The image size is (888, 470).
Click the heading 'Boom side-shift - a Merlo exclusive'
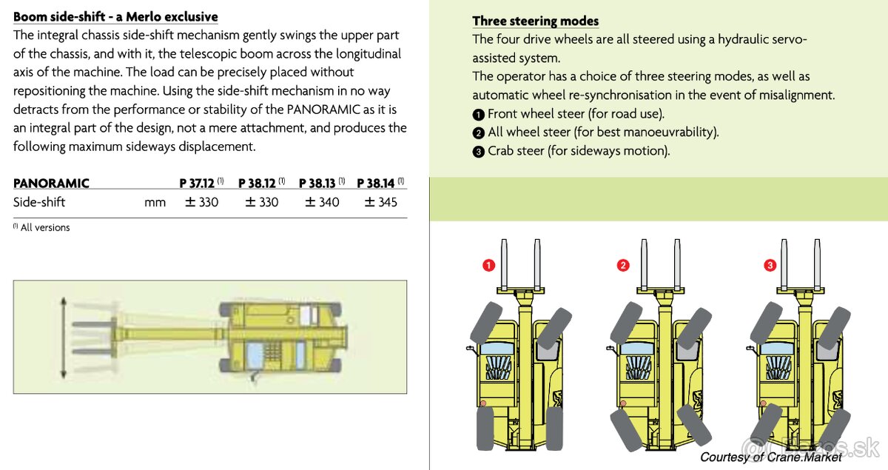point(115,16)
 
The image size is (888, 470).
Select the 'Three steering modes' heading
point(535,21)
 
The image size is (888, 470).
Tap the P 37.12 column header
point(198,184)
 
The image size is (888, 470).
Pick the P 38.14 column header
point(377,184)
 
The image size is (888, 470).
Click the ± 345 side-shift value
point(380,202)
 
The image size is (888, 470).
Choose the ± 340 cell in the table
point(322,202)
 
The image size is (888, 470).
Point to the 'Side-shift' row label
point(39,202)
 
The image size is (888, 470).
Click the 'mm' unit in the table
point(155,203)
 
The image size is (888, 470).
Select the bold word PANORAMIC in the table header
point(51,184)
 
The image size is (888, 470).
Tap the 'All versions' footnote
point(44,228)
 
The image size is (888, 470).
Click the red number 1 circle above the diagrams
point(488,265)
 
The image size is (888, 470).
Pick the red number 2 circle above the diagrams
point(624,265)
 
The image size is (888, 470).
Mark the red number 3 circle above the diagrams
point(770,265)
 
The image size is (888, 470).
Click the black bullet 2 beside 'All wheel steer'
point(479,133)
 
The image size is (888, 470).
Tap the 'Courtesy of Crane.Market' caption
point(770,457)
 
